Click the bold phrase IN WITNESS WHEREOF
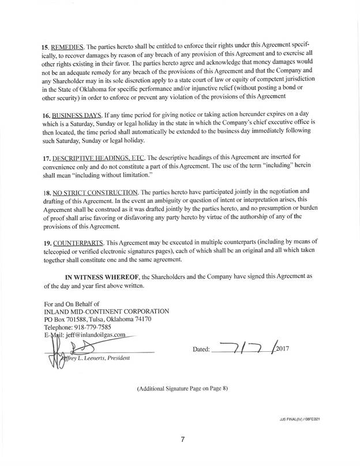click(103, 276)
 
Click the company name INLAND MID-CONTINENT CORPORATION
click(106, 311)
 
